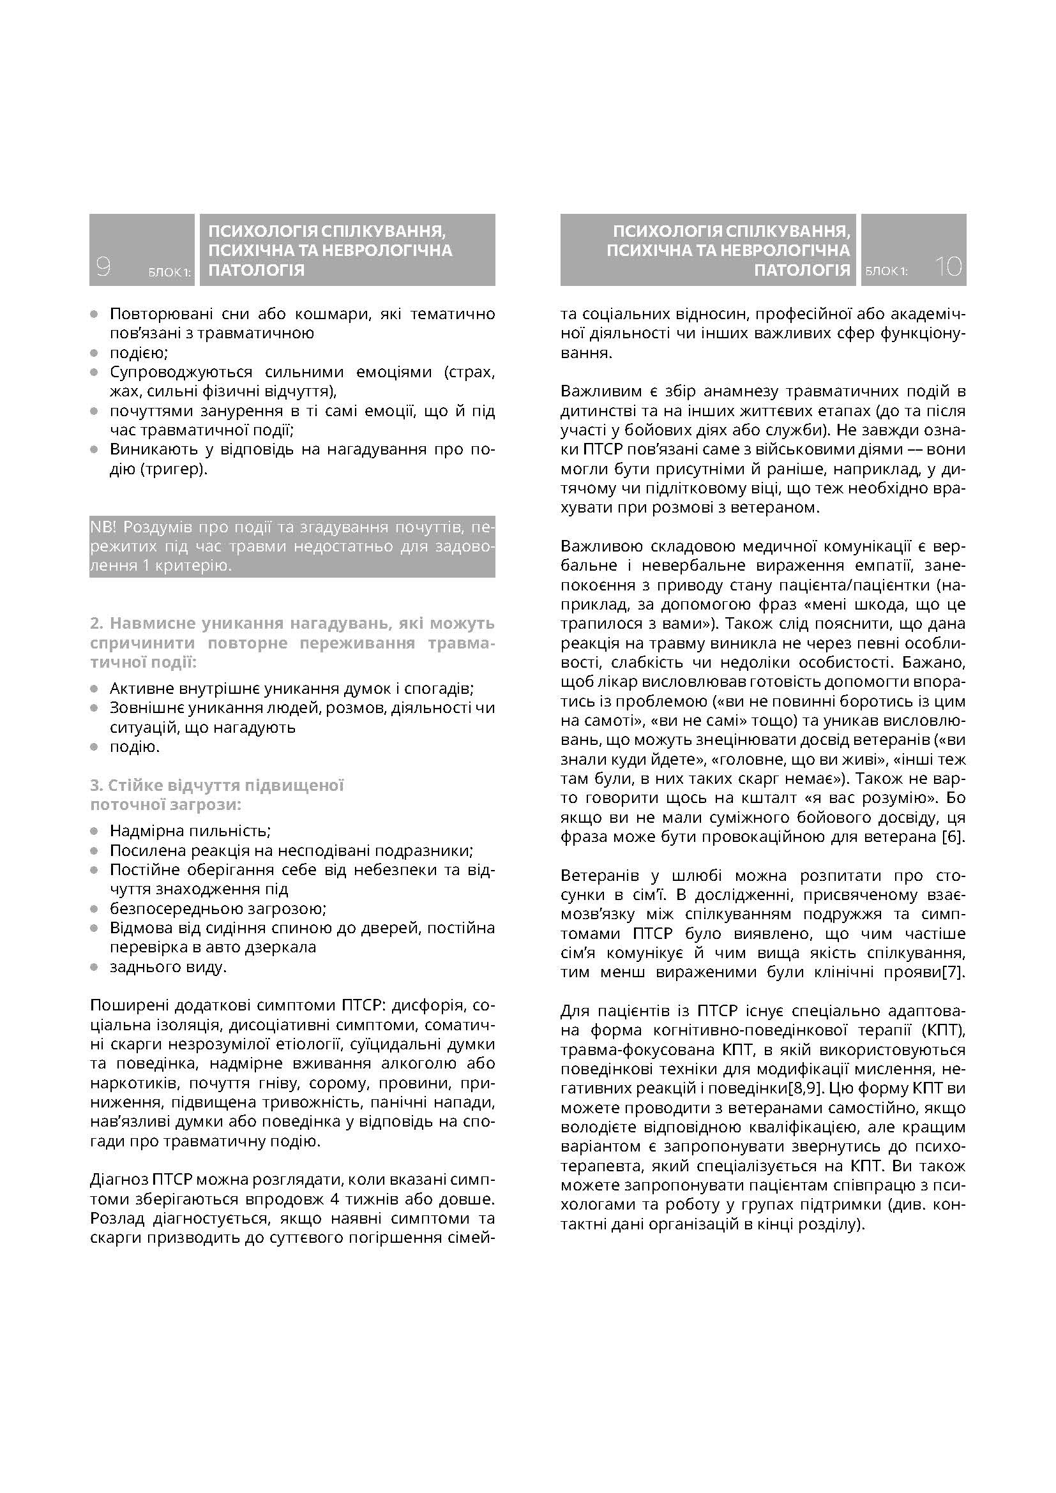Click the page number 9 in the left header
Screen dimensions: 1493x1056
[x=103, y=267]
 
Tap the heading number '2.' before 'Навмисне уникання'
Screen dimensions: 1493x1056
[x=97, y=624]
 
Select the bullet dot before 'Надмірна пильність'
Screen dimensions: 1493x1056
[x=95, y=831]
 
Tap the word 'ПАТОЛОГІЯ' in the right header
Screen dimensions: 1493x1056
[x=802, y=270]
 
